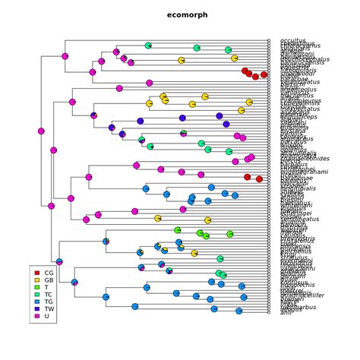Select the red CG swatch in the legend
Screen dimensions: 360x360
37,272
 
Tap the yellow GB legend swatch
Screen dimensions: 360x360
37,280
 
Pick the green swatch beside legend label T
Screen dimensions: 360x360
37,288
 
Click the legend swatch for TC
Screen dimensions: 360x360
37,295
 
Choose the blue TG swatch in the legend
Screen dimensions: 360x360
37,302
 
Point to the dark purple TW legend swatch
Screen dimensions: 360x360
37,309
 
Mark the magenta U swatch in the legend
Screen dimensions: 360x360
37,317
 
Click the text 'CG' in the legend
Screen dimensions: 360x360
49,272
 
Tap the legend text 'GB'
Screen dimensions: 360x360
49,280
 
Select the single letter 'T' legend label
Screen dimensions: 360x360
46,288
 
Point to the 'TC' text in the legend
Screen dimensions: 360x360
49,295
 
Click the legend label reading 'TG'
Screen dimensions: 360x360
49,302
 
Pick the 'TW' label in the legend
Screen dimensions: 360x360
49,309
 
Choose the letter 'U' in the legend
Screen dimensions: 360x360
46,317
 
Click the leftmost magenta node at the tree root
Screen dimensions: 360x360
41,131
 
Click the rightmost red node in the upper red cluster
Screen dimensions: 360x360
264,74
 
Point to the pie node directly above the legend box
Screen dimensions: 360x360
59,261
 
